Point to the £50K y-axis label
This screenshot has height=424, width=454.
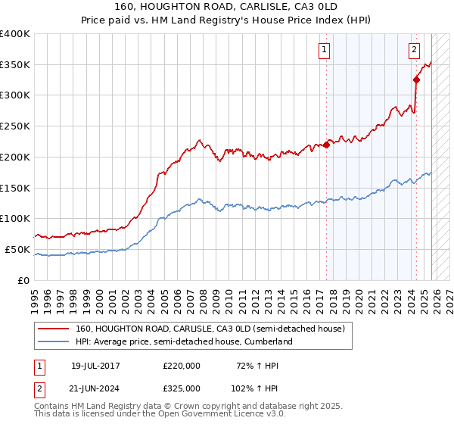[x=17, y=249]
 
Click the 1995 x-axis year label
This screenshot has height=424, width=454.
[x=35, y=295]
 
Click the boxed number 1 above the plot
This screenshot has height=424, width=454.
[x=324, y=51]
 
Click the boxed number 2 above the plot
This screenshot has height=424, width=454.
[x=415, y=51]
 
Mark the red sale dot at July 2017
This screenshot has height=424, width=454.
[x=326, y=145]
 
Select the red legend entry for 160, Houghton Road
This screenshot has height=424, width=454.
[x=210, y=329]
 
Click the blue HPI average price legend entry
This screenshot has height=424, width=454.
[x=188, y=341]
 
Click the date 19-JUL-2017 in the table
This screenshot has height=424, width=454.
[x=95, y=366]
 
